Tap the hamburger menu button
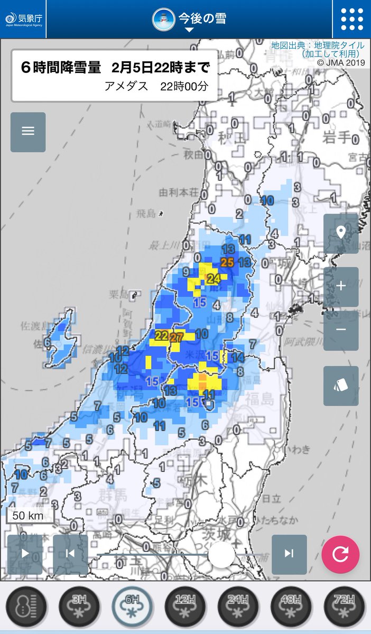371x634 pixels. pyautogui.click(x=28, y=132)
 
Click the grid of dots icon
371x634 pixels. pyautogui.click(x=352, y=20)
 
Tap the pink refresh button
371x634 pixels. pyautogui.click(x=340, y=554)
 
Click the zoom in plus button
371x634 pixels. pyautogui.click(x=341, y=286)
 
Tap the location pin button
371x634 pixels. pyautogui.click(x=341, y=232)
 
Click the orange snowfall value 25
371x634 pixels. pyautogui.click(x=227, y=262)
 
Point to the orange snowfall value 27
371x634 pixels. pyautogui.click(x=177, y=337)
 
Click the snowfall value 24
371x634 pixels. pyautogui.click(x=214, y=278)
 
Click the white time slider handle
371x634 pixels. pyautogui.click(x=221, y=554)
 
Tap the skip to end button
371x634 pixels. pyautogui.click(x=289, y=554)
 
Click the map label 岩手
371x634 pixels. pyautogui.click(x=337, y=138)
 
